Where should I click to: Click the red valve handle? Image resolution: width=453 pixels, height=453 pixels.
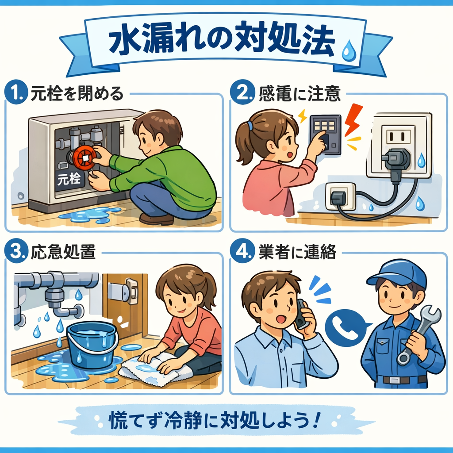[85, 158]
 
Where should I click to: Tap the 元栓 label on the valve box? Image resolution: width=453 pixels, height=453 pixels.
[69, 180]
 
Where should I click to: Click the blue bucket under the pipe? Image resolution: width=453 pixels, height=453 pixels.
[92, 345]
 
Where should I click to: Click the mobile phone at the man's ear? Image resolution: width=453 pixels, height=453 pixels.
[303, 315]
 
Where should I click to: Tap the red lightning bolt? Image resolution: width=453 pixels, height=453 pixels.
[353, 119]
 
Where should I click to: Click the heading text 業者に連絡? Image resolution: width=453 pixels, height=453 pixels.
[297, 252]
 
